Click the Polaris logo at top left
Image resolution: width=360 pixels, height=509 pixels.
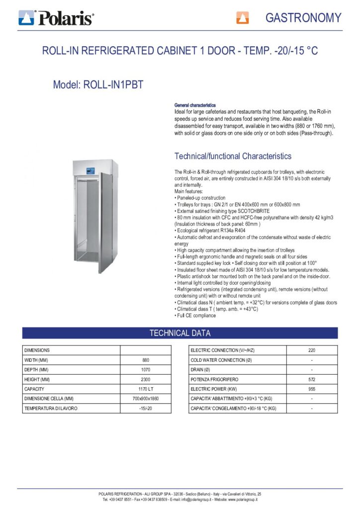coord(56,18)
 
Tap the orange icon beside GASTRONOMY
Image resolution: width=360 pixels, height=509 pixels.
coord(242,18)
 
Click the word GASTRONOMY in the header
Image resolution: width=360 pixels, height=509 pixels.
coord(303,18)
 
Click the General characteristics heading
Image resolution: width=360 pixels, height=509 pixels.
coord(195,105)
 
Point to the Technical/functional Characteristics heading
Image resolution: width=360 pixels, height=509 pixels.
coord(233,156)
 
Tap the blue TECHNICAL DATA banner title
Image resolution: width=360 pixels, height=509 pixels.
coord(180,333)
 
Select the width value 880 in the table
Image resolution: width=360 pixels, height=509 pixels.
coord(146,360)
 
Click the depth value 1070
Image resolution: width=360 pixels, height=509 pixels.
coord(146,370)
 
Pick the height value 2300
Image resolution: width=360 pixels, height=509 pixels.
coord(146,379)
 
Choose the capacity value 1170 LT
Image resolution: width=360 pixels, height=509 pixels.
coord(146,389)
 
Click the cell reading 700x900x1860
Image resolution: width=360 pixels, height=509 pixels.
coord(146,399)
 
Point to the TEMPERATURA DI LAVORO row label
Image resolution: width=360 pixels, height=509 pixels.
coord(51,408)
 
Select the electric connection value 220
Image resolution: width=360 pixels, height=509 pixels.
coord(312,350)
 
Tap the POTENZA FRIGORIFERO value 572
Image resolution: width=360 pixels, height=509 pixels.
coord(312,379)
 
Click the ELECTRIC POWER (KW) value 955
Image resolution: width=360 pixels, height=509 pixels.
coord(312,389)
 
